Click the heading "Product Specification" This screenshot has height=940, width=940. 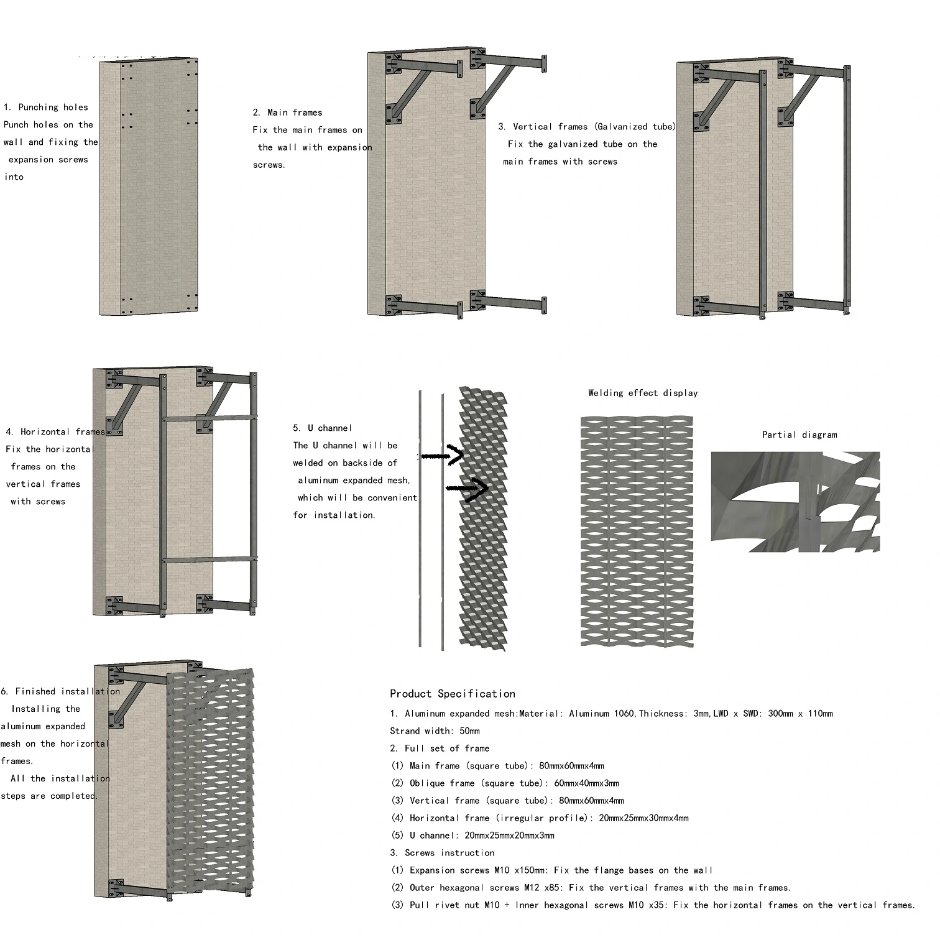[452, 694]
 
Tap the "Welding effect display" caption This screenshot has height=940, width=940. [643, 393]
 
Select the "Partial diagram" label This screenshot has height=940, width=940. [799, 435]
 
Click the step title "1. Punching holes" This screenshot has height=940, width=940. [46, 108]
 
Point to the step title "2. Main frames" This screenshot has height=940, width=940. [288, 113]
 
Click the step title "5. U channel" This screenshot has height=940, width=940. [323, 428]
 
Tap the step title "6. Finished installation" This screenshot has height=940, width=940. [60, 691]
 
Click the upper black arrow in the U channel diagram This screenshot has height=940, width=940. [443, 456]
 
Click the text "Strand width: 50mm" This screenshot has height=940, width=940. [435, 731]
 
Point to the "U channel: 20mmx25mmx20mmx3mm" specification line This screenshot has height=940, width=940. [472, 836]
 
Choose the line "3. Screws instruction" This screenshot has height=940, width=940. [443, 853]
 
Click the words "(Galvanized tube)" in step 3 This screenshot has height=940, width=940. [634, 127]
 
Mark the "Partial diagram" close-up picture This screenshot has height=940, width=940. [795, 502]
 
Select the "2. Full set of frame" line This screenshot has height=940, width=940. [440, 749]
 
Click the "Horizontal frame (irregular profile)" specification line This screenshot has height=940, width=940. [540, 818]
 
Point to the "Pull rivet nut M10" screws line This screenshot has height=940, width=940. [653, 905]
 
